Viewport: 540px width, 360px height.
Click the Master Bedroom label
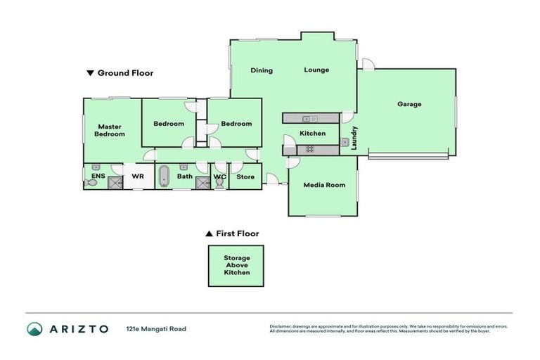click(x=110, y=130)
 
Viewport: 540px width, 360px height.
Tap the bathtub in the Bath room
click(x=164, y=176)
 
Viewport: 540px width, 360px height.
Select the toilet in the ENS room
click(x=91, y=182)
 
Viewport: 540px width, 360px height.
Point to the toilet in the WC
click(x=219, y=182)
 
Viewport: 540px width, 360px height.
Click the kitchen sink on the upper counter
click(x=309, y=119)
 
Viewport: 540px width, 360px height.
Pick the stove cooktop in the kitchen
click(x=307, y=150)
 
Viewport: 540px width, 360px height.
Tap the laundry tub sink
click(x=345, y=143)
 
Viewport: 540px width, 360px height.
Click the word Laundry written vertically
click(x=355, y=137)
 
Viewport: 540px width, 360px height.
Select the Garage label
click(x=409, y=104)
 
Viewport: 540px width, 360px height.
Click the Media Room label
click(x=324, y=185)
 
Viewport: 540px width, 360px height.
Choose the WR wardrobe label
click(x=137, y=176)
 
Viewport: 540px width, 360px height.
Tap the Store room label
click(x=245, y=176)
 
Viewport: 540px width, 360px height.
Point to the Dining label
click(x=262, y=70)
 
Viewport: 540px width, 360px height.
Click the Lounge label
click(x=316, y=70)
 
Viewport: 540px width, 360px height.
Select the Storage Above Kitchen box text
click(x=236, y=265)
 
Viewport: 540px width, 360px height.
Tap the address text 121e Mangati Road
click(x=155, y=328)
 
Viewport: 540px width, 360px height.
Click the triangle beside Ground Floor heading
click(x=89, y=72)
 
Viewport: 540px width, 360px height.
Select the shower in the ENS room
click(x=114, y=182)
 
